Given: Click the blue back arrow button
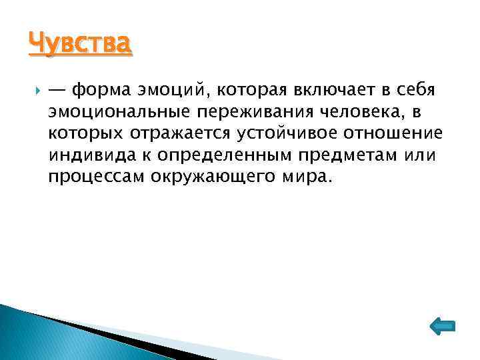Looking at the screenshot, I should click(x=439, y=325).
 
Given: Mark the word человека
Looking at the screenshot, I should click(x=361, y=112).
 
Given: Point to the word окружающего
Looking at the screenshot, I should click(x=212, y=177).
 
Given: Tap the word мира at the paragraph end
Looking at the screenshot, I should click(x=305, y=177).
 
